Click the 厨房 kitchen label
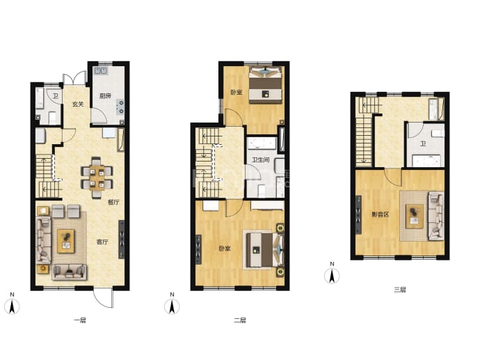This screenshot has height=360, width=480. click(x=105, y=96)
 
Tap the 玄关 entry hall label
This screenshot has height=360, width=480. click(x=78, y=104)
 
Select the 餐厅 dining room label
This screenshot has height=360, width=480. click(x=113, y=202)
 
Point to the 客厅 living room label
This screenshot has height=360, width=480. click(x=102, y=242)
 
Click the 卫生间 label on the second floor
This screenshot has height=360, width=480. click(x=260, y=159)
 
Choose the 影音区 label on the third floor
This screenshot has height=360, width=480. click(x=381, y=214)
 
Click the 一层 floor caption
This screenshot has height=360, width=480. click(x=80, y=320)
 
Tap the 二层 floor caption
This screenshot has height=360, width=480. click(x=240, y=320)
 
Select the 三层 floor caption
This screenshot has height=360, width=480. click(x=400, y=290)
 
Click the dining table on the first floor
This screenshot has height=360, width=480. click(x=97, y=178)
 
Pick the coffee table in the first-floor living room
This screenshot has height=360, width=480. click(x=66, y=241)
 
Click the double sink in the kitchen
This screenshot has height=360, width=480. click(x=101, y=70)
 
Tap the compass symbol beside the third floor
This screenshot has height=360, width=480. click(x=332, y=276)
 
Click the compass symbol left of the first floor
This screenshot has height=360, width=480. click(x=12, y=306)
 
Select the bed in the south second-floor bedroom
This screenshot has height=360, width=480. click(x=264, y=249)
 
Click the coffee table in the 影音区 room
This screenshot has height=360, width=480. click(x=415, y=217)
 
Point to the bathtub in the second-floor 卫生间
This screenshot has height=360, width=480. click(x=262, y=143)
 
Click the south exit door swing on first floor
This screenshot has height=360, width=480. click(x=103, y=297)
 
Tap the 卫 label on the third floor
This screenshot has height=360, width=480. click(x=423, y=143)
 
